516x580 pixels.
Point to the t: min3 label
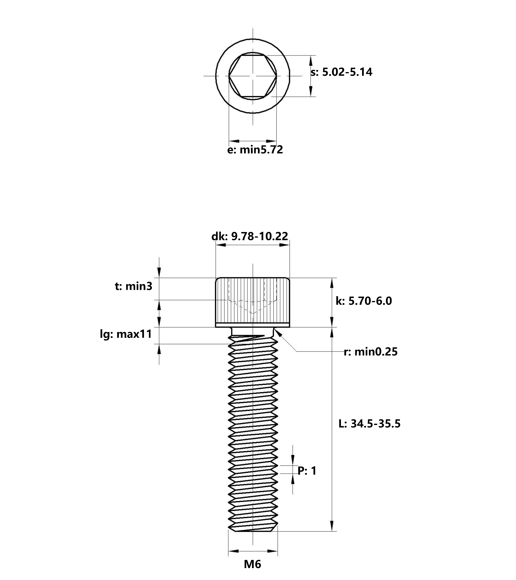[133, 286]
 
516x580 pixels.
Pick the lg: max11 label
[126, 334]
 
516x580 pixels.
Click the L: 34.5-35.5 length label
[370, 424]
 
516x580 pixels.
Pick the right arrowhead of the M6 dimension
[272, 551]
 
